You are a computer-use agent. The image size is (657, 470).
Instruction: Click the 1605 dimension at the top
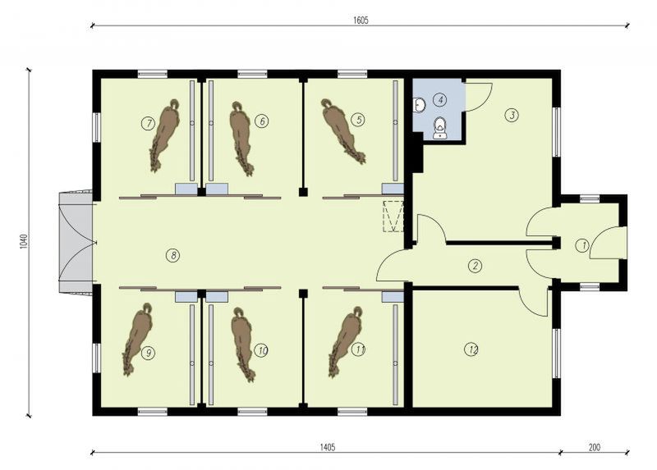pos(361,20)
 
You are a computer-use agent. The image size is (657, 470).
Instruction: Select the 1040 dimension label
pos(24,241)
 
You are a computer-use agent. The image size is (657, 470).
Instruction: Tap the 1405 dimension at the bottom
pos(328,447)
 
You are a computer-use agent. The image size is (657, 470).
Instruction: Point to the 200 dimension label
pos(594,447)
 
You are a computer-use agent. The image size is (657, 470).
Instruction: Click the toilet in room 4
pos(439,127)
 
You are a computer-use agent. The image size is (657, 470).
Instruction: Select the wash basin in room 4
pos(418,105)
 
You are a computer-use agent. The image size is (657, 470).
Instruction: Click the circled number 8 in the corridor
pos(172,255)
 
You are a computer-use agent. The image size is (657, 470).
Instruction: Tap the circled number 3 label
pos(512,115)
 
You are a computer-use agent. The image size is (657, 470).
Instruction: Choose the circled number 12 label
pos(471,349)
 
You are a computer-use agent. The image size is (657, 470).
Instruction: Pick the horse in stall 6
pos(241,138)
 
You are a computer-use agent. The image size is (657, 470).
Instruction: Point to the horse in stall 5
pos(342,130)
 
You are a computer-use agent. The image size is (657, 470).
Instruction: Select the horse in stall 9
pos(137,339)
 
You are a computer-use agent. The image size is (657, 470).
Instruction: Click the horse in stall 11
pos(346,341)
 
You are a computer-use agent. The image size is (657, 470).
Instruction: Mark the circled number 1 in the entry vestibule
pos(582,245)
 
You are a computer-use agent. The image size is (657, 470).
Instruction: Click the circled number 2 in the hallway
pos(475,265)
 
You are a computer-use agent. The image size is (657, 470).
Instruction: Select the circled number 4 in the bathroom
pos(440,99)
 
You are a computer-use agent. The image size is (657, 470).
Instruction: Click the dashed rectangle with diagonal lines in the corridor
pos(393,216)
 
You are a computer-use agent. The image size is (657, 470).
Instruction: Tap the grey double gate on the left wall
pos(76,243)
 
